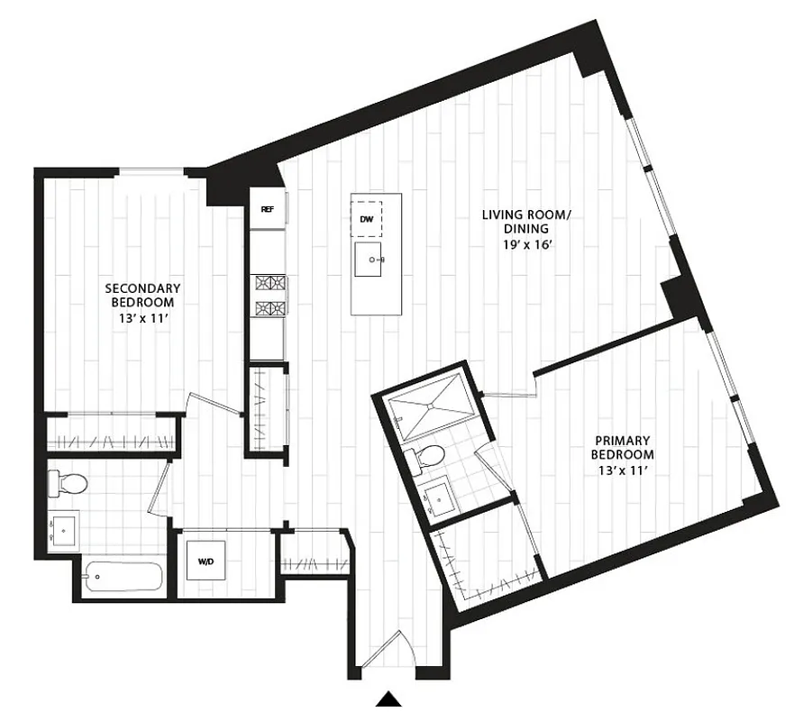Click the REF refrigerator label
point(267,209)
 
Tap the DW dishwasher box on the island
point(367,219)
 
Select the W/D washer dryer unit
point(206,562)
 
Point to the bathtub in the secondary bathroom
point(123,575)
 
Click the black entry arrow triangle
point(388,698)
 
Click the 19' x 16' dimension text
point(526,243)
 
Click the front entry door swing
point(386,653)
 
